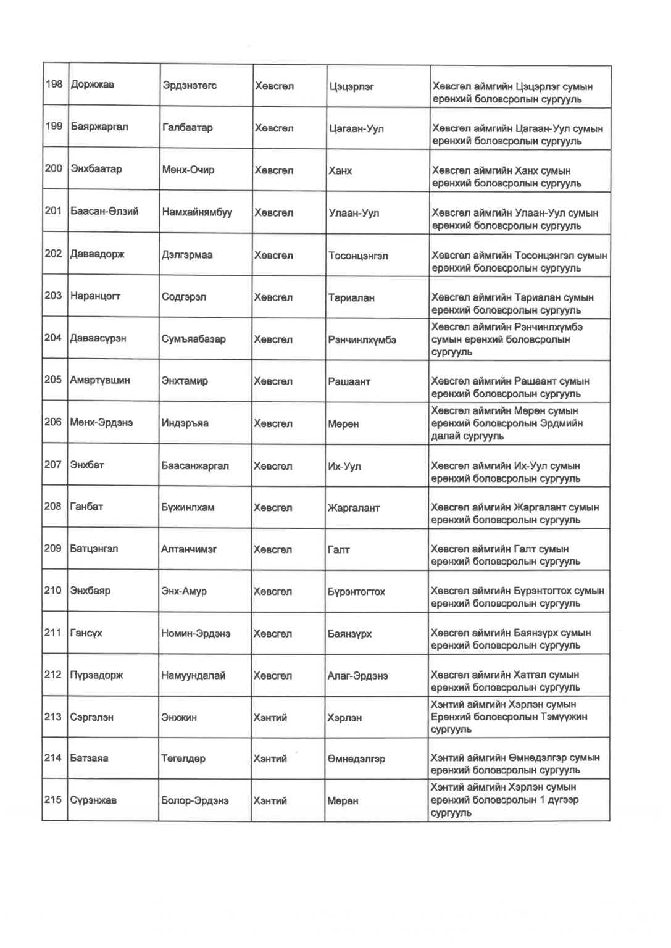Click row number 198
[x=54, y=84]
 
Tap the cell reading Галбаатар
[x=188, y=128]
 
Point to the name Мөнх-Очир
[x=188, y=170]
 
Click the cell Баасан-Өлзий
[x=104, y=212]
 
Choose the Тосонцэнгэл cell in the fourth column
[x=358, y=256]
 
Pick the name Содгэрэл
[x=184, y=297]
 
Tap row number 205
[x=53, y=380]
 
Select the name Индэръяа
[x=185, y=423]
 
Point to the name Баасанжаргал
[x=195, y=466]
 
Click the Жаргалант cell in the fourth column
[x=354, y=509]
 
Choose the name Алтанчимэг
[x=189, y=549]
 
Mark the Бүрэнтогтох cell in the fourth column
[x=356, y=592]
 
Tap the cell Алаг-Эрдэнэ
[x=357, y=676]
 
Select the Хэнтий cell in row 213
[x=270, y=718]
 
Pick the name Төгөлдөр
[x=183, y=759]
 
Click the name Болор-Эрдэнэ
[x=195, y=800]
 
